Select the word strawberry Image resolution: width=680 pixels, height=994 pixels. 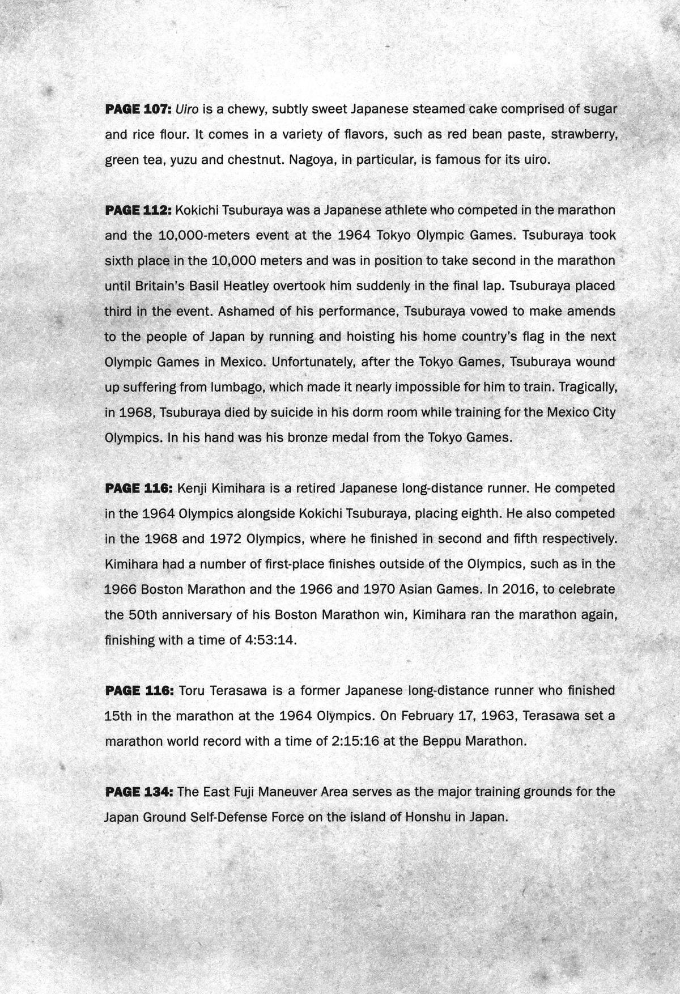[584, 134]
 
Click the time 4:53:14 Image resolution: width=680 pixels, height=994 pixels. [271, 640]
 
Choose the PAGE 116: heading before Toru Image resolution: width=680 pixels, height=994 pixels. [138, 691]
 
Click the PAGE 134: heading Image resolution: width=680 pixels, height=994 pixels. [138, 792]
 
